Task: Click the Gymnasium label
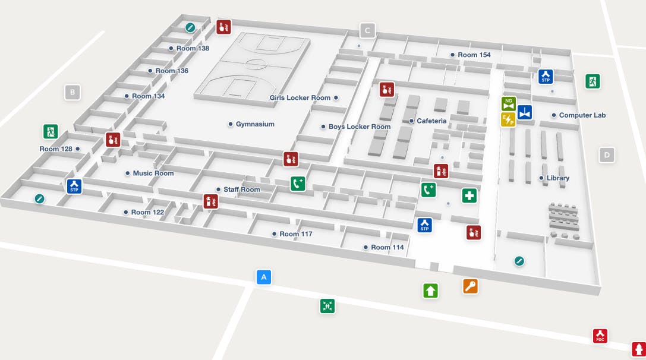[x=255, y=124]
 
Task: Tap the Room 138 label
[x=193, y=48]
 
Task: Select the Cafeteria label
[x=431, y=121]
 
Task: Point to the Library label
[x=558, y=178]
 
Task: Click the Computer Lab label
[x=582, y=115]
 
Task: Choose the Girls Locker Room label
[x=300, y=98]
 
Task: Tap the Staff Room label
[x=242, y=190]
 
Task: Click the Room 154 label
[x=474, y=55]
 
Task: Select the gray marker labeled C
[x=367, y=30]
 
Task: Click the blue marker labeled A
[x=264, y=277]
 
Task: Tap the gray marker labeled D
[x=607, y=156]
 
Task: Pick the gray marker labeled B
[x=73, y=92]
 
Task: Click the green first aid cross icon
[x=469, y=195]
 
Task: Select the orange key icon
[x=470, y=287]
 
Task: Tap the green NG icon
[x=508, y=103]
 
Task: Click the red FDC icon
[x=600, y=336]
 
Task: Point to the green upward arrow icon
[x=431, y=290]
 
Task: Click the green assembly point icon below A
[x=327, y=306]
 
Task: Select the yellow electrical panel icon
[x=508, y=120]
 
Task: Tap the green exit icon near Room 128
[x=51, y=131]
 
